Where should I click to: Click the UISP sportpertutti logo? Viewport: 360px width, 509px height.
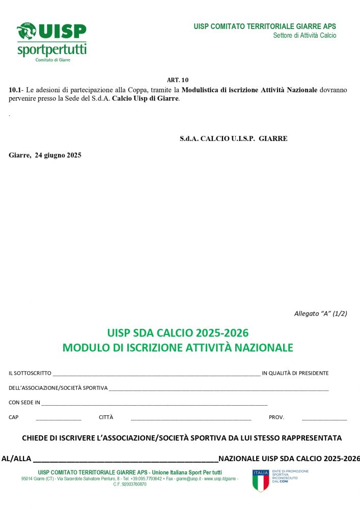coord(51,42)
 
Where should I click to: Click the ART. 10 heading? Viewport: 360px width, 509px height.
coord(178,80)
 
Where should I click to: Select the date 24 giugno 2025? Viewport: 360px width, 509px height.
coord(58,155)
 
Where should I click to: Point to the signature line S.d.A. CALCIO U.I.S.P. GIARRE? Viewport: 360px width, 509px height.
coord(233,138)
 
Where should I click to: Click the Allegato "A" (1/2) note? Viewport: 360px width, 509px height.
coord(320,314)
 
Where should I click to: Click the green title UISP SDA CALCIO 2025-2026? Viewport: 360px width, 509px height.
coord(178,333)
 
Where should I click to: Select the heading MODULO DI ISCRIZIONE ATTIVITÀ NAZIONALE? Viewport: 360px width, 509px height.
coord(178,348)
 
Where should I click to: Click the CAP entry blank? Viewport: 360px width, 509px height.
coord(59,418)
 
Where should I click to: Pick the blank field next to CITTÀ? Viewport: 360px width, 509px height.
coord(191,418)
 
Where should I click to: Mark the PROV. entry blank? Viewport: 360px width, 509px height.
coord(324,418)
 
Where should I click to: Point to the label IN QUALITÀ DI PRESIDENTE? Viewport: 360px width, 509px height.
coord(295,373)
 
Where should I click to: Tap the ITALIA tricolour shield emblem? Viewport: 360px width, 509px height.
coord(260,480)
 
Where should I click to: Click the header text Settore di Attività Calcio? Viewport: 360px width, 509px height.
coord(304,36)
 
